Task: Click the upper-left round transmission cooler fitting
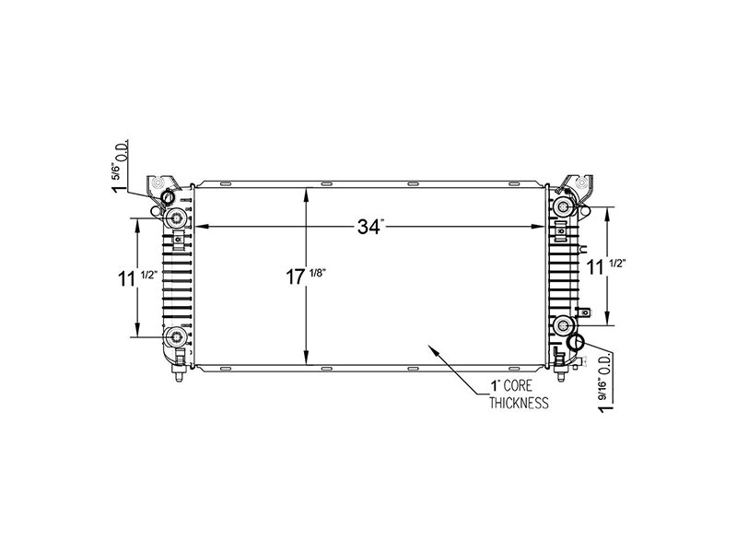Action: pyautogui.click(x=175, y=218)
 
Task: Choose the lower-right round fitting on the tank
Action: pyautogui.click(x=564, y=324)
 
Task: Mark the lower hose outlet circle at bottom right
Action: pyautogui.click(x=577, y=343)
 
